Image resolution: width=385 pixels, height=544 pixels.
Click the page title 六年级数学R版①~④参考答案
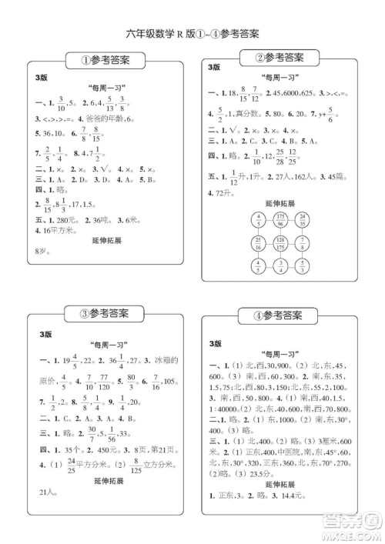click(x=192, y=33)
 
